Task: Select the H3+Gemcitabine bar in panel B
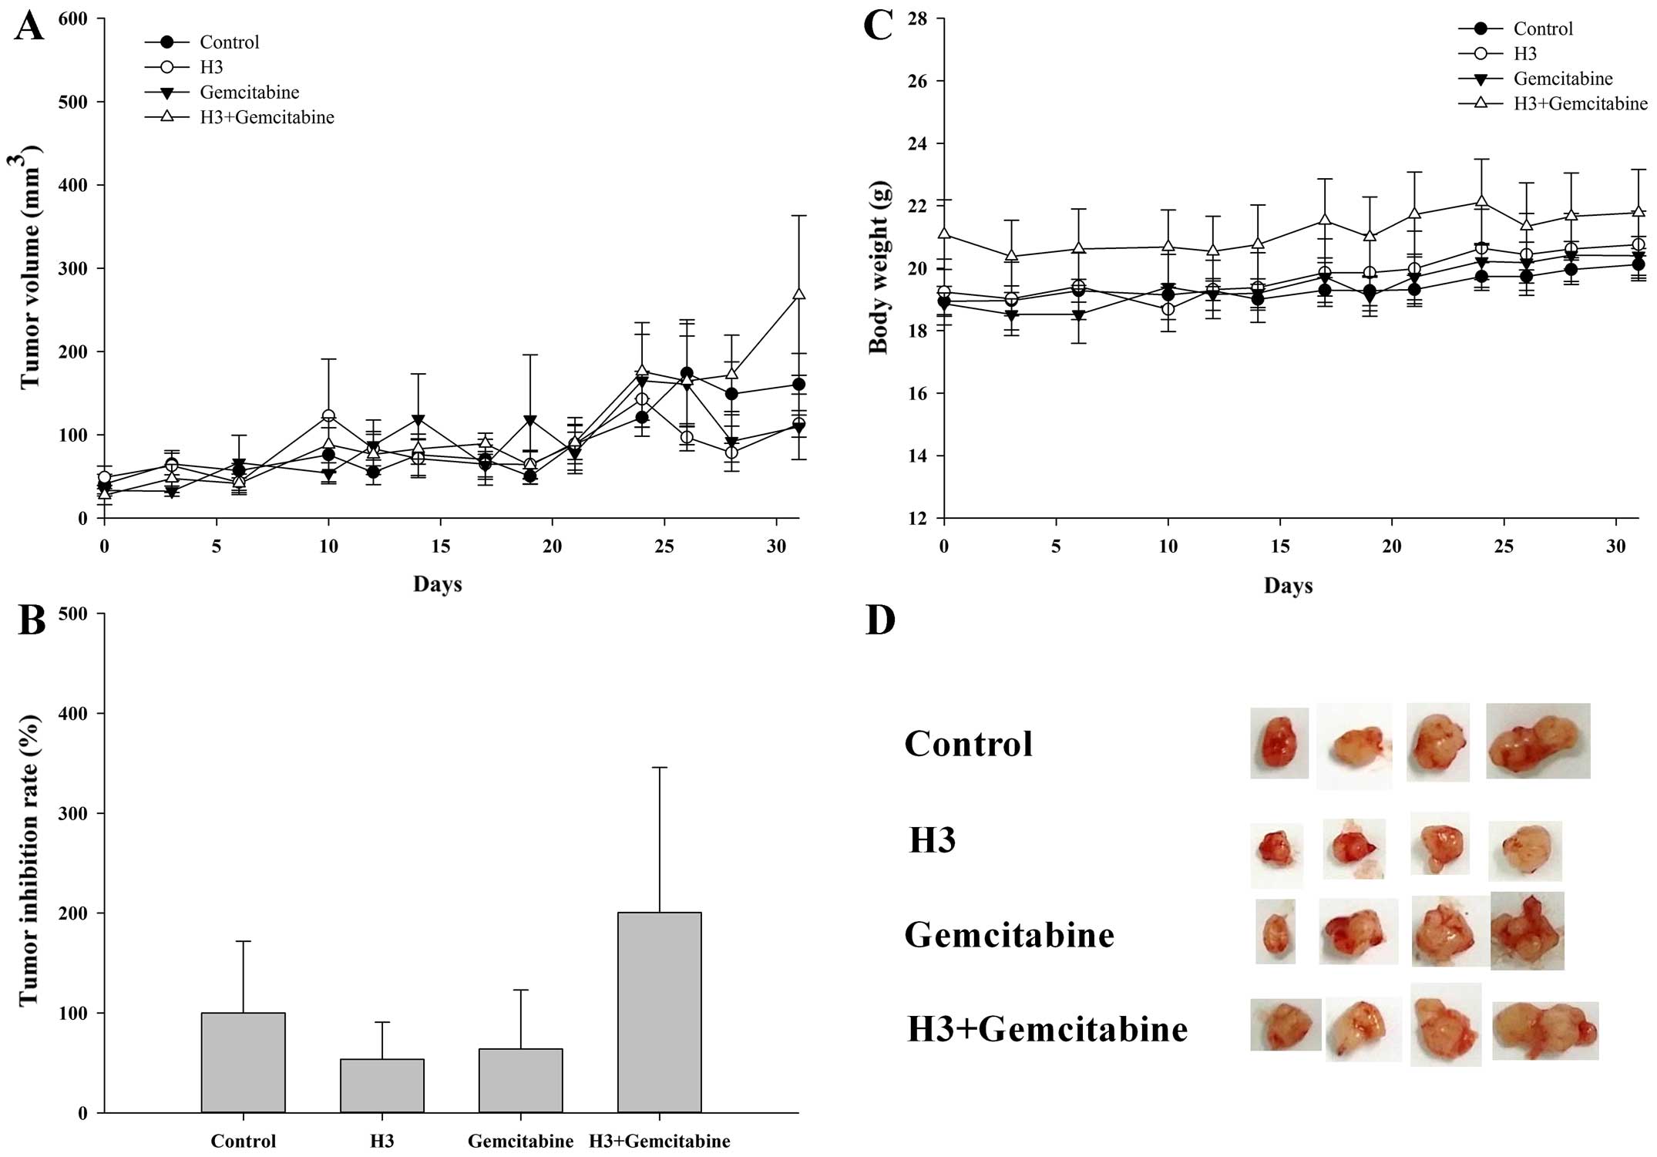click(x=659, y=1011)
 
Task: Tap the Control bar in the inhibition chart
click(x=243, y=1061)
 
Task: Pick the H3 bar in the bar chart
click(x=381, y=1085)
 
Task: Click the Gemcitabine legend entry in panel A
click(x=249, y=92)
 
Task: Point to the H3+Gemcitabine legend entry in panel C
click(x=1579, y=103)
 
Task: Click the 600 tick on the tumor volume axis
click(x=72, y=18)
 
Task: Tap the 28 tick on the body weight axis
click(x=917, y=18)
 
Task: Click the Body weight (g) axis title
click(x=879, y=267)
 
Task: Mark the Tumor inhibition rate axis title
click(x=29, y=860)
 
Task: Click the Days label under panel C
click(x=1288, y=586)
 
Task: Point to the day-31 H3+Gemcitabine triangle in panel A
click(x=798, y=294)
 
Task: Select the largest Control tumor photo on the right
click(x=1537, y=741)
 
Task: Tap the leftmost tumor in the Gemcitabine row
click(x=1275, y=931)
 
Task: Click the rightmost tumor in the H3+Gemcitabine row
click(x=1544, y=1030)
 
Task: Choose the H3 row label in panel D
click(x=932, y=839)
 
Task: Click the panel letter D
click(x=880, y=621)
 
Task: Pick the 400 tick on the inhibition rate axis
click(x=72, y=714)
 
